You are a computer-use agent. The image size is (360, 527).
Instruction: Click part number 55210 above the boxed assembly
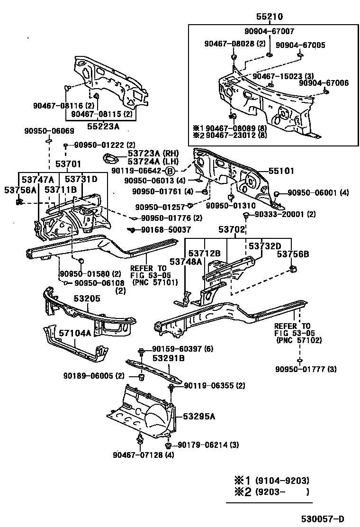pos(270,17)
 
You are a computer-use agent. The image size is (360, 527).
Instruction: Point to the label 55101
pos(282,171)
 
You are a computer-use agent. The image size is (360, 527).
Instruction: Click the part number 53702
pos(232,230)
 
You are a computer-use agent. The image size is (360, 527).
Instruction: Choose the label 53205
pos(87,299)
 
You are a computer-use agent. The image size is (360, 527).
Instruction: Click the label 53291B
pos(168,358)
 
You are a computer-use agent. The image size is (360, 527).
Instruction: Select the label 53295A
pos(199,416)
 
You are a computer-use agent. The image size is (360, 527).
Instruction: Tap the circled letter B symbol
pos(171,171)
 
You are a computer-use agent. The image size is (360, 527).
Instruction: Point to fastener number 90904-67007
pos(270,31)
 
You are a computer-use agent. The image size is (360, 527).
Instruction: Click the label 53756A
pos(20,190)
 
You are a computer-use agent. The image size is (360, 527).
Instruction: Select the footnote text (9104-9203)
pos(282,480)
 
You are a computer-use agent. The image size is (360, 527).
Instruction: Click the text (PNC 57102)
pos(299,340)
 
